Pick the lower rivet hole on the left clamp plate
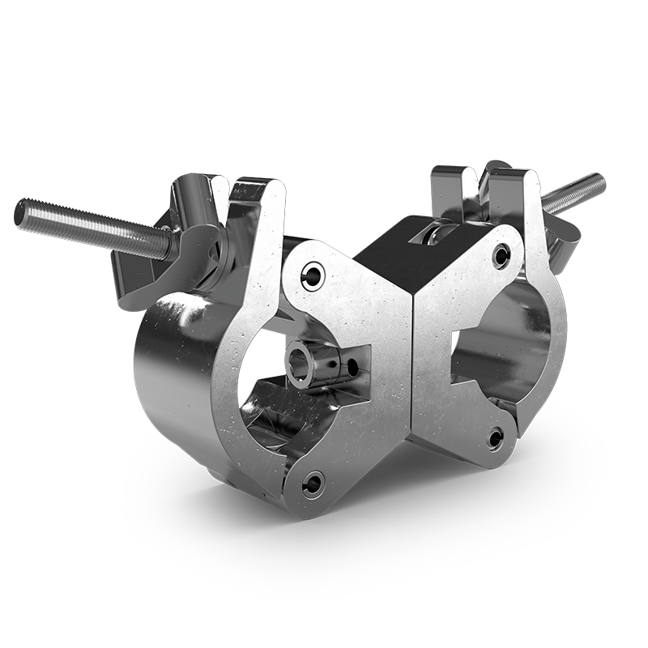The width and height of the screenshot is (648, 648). pyautogui.click(x=312, y=484)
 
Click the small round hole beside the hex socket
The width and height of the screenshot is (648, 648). pyautogui.click(x=353, y=367)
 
